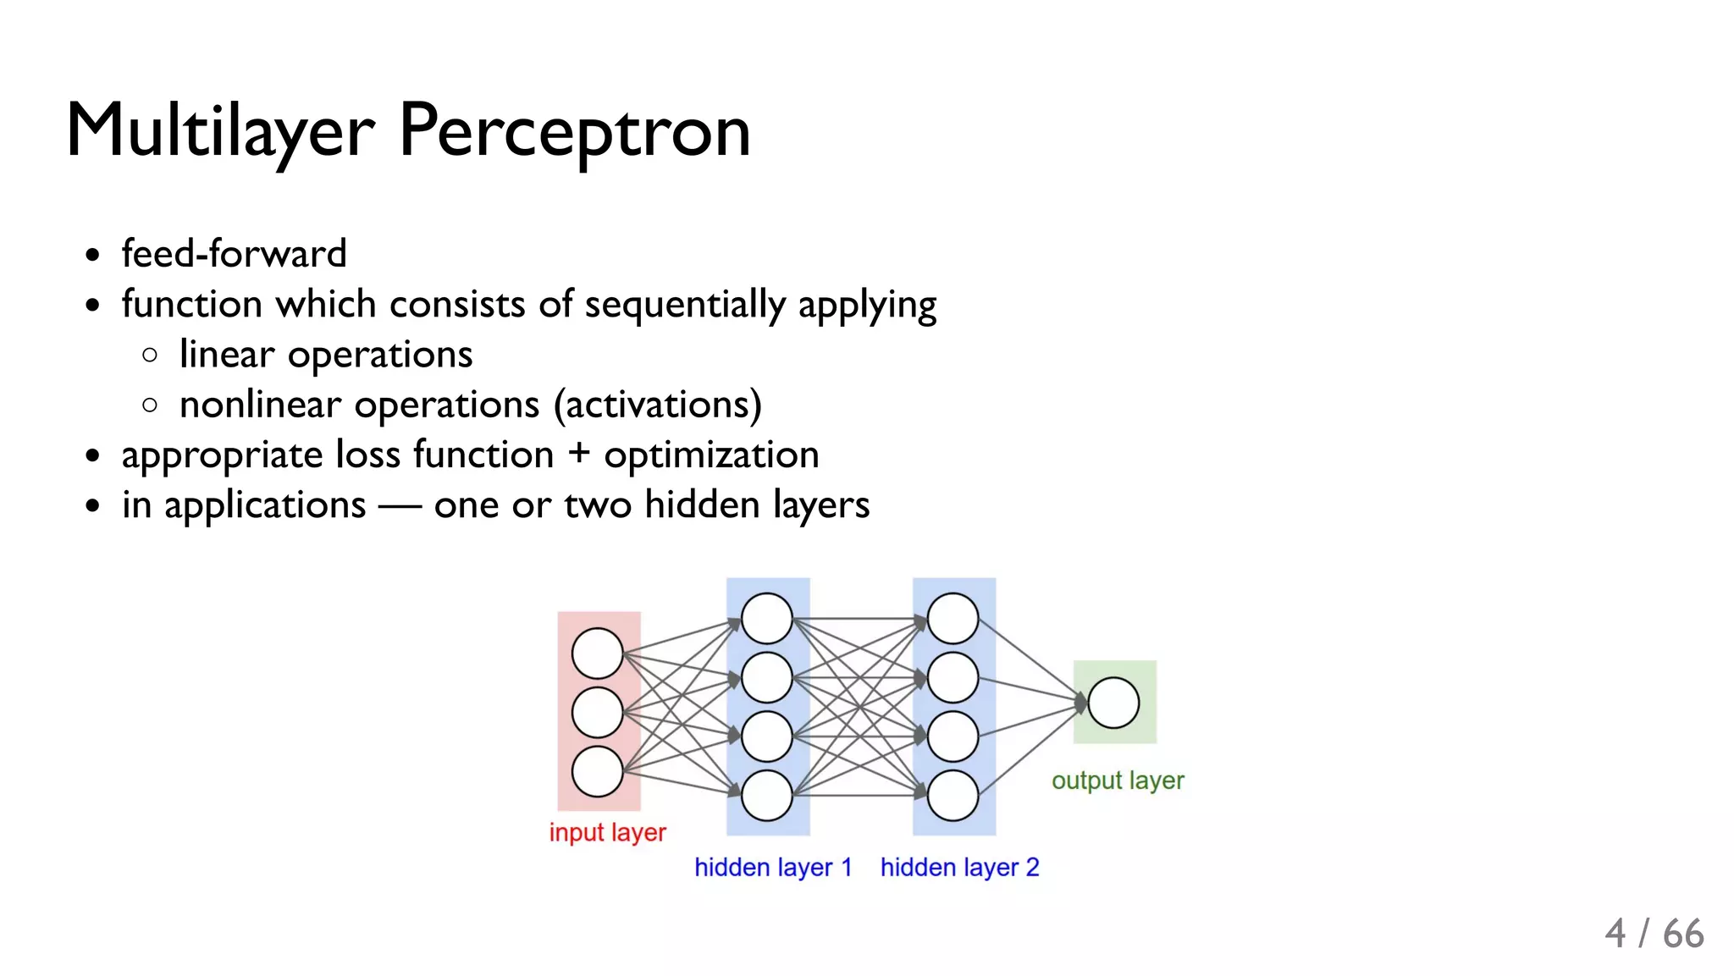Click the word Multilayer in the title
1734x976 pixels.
click(220, 132)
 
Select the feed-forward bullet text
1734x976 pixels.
click(235, 254)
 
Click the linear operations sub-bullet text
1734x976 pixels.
click(326, 355)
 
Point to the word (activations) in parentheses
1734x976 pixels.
click(658, 405)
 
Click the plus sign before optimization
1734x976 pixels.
click(579, 453)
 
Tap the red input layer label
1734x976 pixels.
click(607, 832)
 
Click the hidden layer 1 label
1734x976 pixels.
click(772, 868)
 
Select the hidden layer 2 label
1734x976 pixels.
click(959, 868)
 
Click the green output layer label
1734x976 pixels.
click(1118, 780)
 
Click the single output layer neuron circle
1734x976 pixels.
click(1113, 703)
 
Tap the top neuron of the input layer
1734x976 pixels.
click(598, 653)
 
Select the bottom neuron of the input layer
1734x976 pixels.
click(598, 771)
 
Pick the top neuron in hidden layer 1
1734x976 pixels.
click(767, 619)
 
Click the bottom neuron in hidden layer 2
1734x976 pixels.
click(953, 795)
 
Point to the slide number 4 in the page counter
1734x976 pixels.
click(1615, 935)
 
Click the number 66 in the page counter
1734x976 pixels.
click(1683, 935)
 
